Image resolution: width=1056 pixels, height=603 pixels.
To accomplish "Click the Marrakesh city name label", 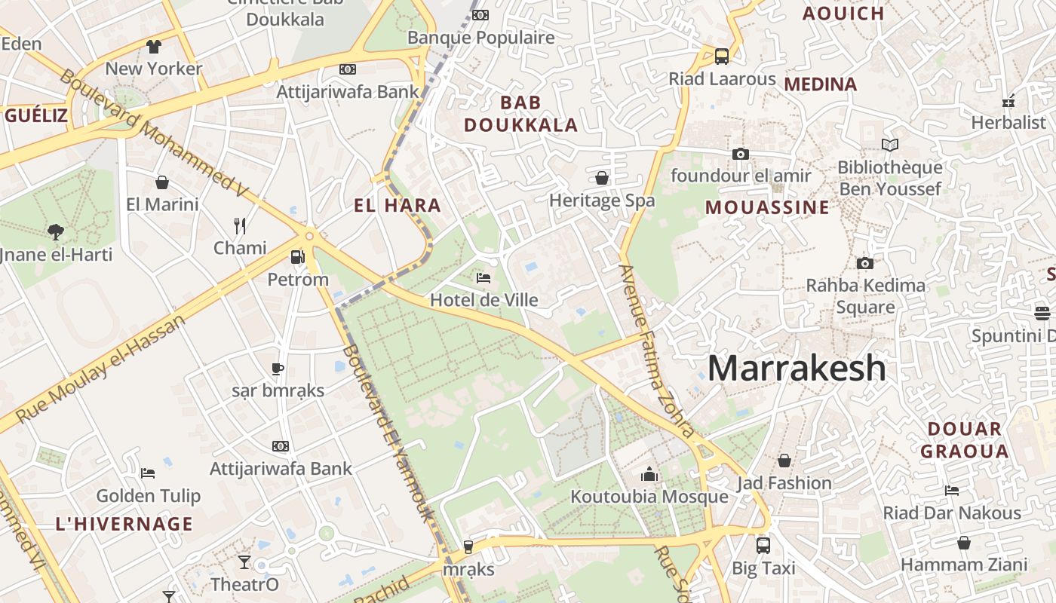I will (x=797, y=368).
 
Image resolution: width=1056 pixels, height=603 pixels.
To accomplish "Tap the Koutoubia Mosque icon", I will (x=649, y=474).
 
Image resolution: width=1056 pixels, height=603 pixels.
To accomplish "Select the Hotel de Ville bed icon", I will (x=483, y=278).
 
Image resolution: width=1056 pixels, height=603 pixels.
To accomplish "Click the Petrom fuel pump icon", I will (x=298, y=257).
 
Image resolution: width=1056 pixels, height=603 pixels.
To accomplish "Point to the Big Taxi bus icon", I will (x=763, y=545).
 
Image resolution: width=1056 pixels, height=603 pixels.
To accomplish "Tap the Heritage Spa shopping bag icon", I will (x=602, y=178).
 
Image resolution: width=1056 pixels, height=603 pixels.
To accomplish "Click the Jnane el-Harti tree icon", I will (x=55, y=231).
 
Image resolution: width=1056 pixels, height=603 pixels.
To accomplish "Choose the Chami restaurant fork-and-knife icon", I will (x=240, y=225).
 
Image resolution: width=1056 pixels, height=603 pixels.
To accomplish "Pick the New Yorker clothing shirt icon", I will (x=154, y=47).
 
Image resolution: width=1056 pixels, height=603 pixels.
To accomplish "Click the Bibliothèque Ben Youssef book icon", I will (x=890, y=145).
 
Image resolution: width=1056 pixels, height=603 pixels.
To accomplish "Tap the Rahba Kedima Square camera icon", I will (x=864, y=263).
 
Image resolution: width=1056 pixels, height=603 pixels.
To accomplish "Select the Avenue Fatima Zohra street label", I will (x=656, y=350).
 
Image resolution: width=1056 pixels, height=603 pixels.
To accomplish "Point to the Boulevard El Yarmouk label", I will (x=388, y=433).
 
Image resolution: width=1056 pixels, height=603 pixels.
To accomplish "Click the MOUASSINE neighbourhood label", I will (x=767, y=207).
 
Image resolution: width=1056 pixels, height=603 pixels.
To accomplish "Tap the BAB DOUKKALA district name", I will (x=520, y=114).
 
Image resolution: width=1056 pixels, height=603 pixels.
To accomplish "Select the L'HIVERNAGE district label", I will (x=124, y=524).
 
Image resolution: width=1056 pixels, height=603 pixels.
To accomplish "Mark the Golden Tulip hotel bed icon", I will (x=148, y=473).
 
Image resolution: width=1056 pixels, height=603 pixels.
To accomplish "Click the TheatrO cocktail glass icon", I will (x=244, y=562).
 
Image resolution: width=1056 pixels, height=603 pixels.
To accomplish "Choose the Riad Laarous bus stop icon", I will (x=722, y=56).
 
